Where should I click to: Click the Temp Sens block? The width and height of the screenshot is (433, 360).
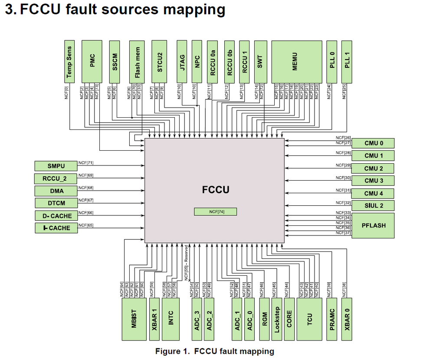(69, 61)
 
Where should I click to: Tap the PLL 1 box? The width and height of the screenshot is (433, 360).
(347, 61)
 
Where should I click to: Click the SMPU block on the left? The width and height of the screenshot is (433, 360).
(56, 166)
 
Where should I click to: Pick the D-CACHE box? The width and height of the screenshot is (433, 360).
(56, 216)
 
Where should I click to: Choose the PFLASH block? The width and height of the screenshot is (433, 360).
(373, 225)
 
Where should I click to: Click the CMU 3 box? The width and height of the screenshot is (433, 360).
(373, 181)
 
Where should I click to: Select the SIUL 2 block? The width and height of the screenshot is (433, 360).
(373, 206)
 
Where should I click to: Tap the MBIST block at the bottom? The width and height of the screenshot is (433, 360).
(134, 319)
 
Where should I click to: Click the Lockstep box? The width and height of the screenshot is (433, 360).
(277, 319)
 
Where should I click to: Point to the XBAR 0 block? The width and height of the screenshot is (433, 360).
(347, 319)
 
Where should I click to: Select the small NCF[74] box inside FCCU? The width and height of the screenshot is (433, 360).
(216, 211)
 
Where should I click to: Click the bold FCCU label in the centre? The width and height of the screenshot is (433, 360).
(215, 190)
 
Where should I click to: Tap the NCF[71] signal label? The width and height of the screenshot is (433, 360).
(86, 162)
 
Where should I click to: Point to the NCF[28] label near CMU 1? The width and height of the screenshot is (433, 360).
(343, 153)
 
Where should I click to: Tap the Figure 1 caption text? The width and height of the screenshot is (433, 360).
(214, 351)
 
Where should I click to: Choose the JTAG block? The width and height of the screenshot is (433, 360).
(182, 61)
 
